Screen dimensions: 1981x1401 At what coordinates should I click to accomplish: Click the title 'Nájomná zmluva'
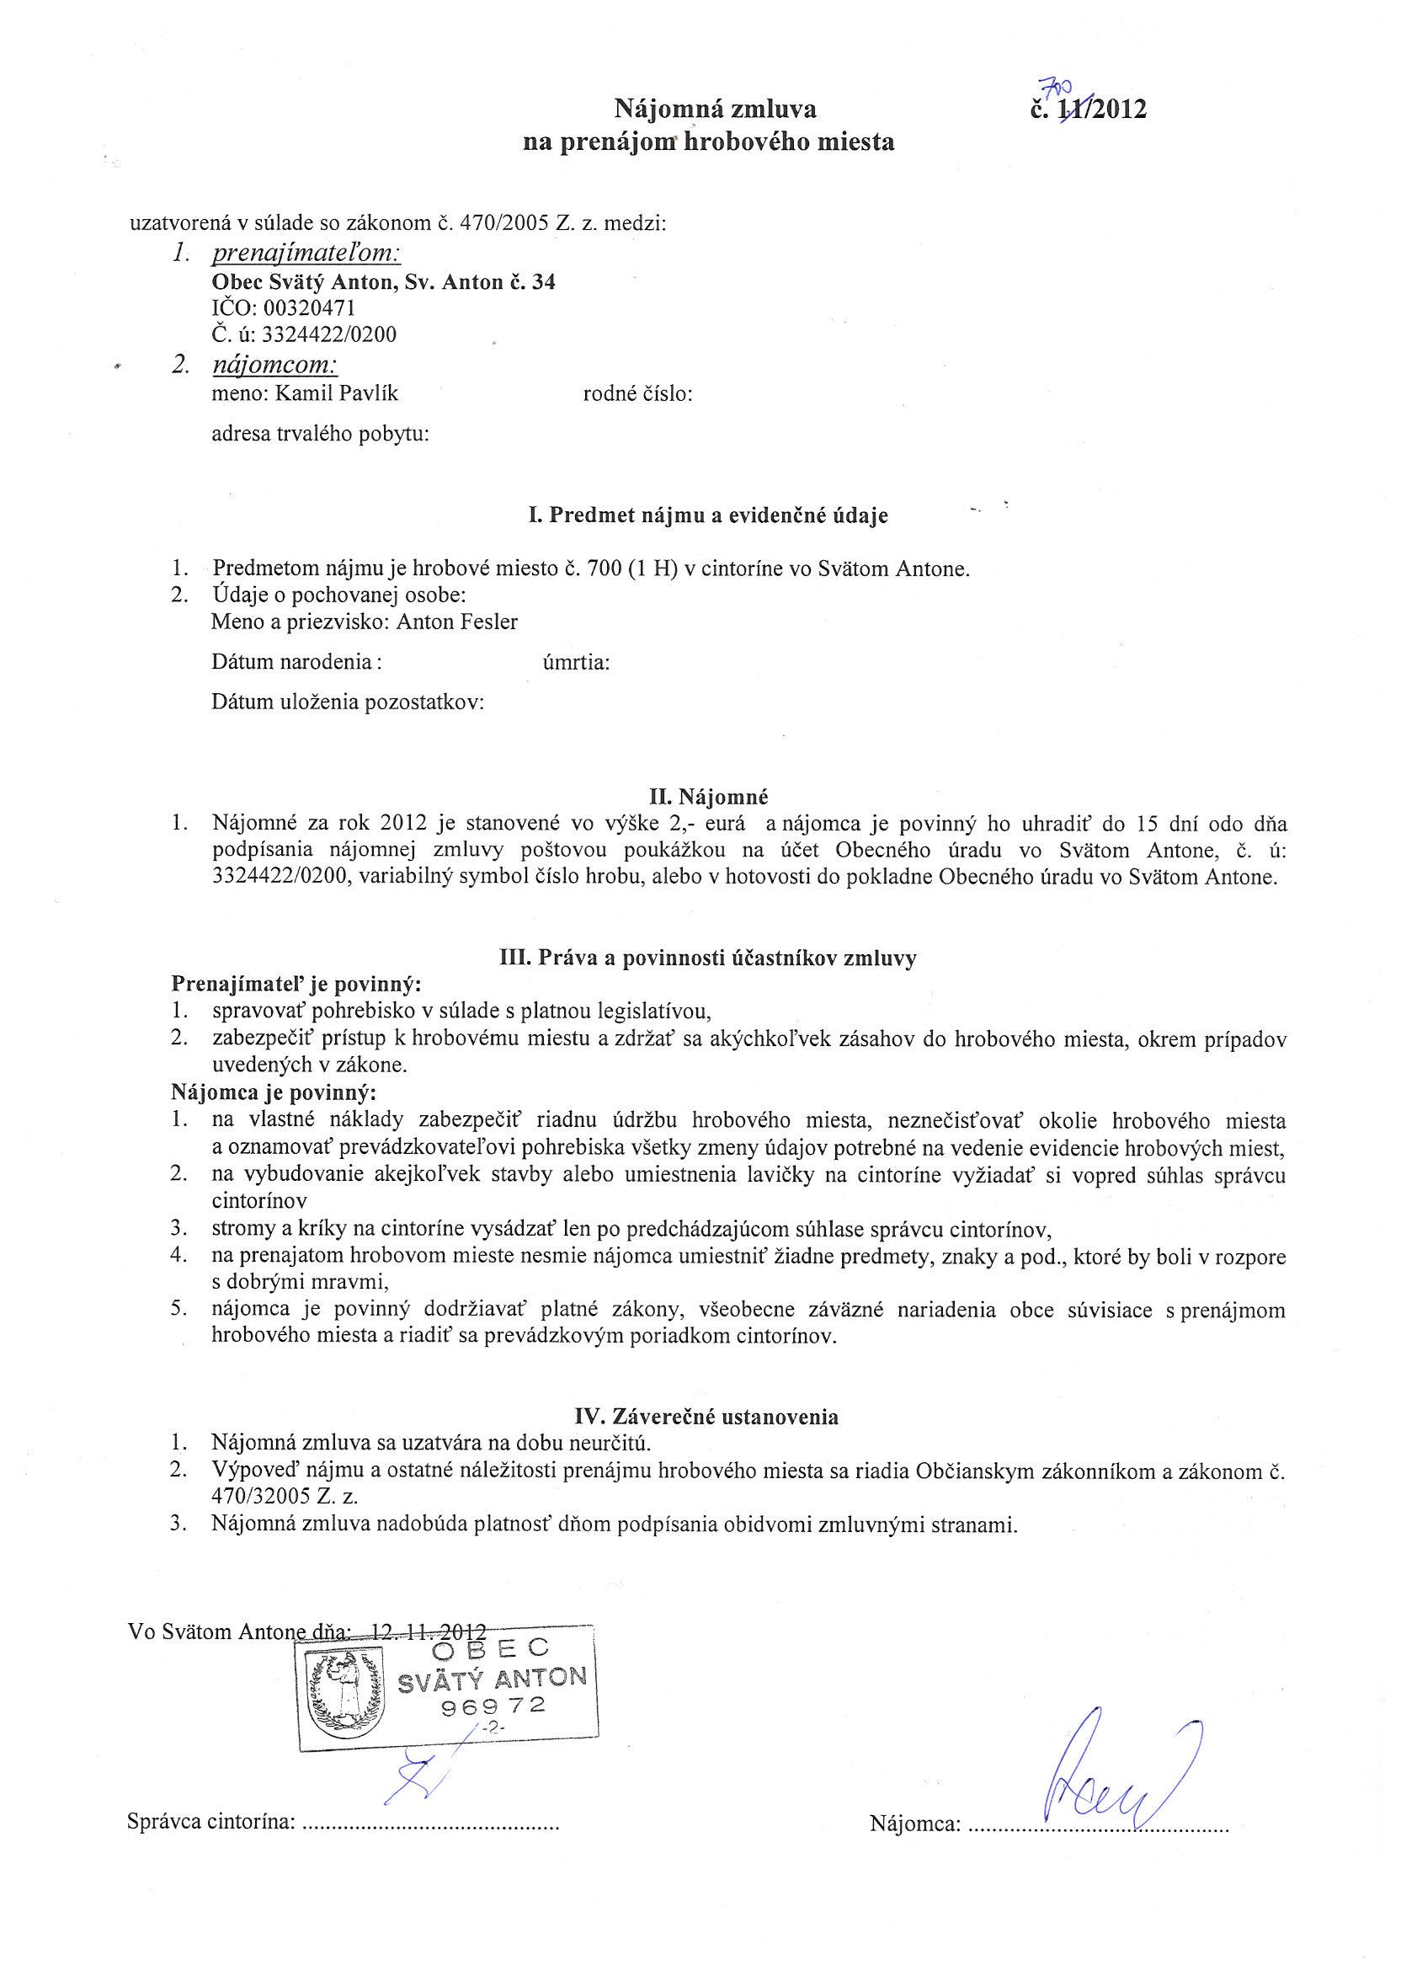714,109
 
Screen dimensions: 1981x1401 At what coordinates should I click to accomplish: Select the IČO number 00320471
314,308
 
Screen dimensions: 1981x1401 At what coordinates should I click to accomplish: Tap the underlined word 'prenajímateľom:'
306,254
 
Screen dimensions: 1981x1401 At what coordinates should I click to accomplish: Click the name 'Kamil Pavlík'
337,394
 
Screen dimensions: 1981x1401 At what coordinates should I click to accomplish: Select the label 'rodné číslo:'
638,394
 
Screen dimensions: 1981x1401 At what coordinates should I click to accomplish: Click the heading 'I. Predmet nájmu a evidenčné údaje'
708,516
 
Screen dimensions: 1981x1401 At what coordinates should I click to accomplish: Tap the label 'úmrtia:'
576,663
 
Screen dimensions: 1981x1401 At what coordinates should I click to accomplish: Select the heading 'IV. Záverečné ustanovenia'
706,1416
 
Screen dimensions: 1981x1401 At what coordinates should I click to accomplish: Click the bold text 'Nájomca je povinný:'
274,1093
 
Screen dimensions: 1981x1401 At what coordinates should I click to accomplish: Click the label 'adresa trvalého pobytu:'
320,434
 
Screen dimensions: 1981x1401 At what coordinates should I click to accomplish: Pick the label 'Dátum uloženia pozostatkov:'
348,702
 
